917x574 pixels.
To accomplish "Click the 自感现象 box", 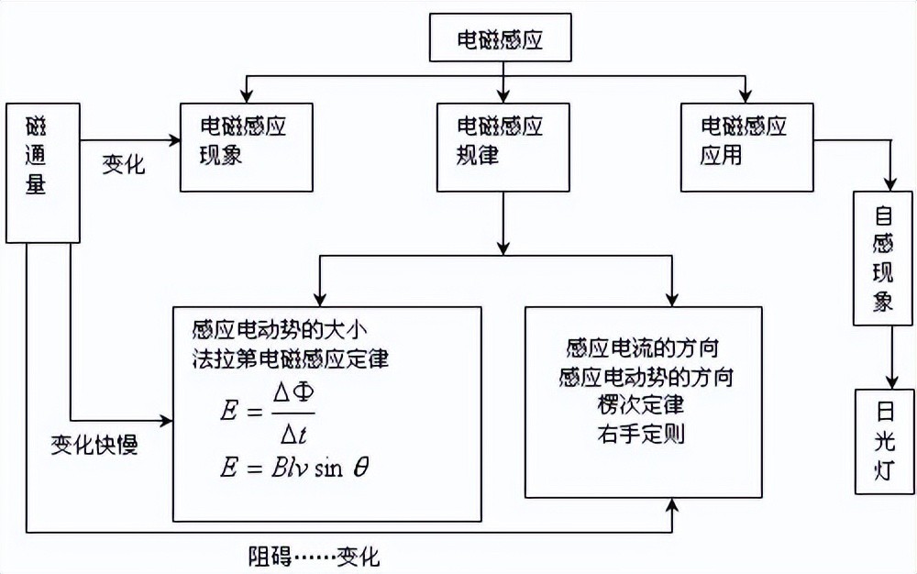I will pos(883,259).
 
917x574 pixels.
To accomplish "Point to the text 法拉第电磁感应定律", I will pos(292,358).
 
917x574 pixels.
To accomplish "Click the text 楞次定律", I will pos(640,404).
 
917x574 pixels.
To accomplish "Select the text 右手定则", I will pos(640,432).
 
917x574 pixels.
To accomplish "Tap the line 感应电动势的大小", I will pos(279,328).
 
